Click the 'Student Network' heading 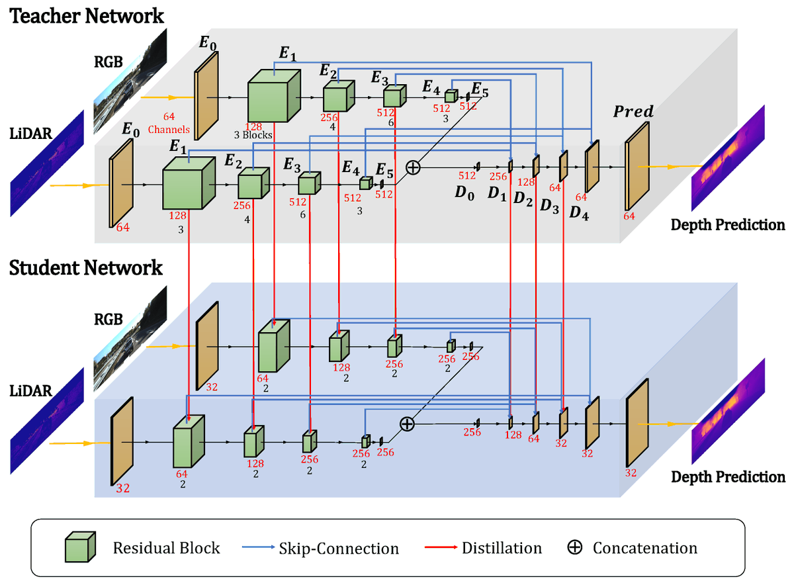[85, 268]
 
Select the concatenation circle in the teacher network [413, 167]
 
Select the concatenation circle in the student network [408, 424]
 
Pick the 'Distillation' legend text [502, 548]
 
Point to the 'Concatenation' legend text [644, 548]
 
